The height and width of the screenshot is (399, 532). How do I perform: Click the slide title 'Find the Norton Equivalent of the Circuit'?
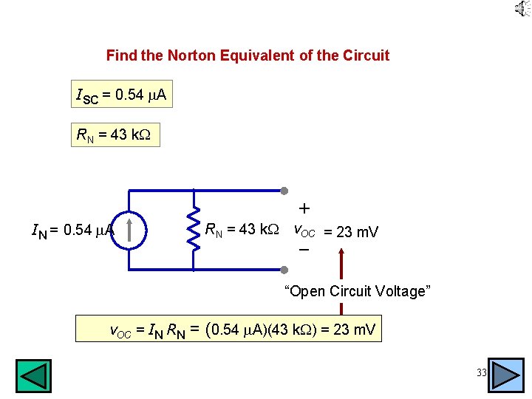pyautogui.click(x=248, y=55)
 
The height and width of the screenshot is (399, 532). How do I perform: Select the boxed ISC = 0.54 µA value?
pyautogui.click(x=121, y=95)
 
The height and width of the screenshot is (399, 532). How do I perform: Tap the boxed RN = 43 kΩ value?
pyautogui.click(x=114, y=134)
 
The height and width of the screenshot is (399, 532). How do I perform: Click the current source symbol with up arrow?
pyautogui.click(x=129, y=230)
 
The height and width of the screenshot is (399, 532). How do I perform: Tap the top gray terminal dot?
pyautogui.click(x=284, y=191)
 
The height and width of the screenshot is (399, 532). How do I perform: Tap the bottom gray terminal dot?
pyautogui.click(x=284, y=267)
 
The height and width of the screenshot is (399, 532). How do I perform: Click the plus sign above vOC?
pyautogui.click(x=304, y=209)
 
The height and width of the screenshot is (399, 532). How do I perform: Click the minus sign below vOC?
pyautogui.click(x=304, y=250)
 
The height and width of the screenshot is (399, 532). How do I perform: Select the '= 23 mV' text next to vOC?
pyautogui.click(x=351, y=232)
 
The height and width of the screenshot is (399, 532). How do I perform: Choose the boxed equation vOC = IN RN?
pyautogui.click(x=229, y=329)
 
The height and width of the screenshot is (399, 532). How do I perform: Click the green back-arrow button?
pyautogui.click(x=34, y=375)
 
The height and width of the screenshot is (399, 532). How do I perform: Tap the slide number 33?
pyautogui.click(x=481, y=373)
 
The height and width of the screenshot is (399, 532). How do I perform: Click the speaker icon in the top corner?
pyautogui.click(x=522, y=9)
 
